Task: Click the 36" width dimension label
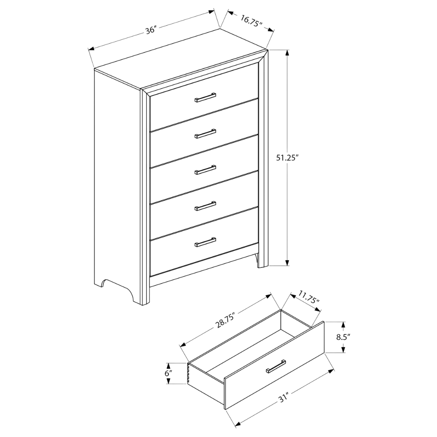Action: coord(151,30)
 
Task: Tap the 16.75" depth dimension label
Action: coord(251,21)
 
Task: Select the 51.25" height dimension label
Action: coord(287,158)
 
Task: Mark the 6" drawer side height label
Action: coord(168,373)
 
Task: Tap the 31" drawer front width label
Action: coord(283,398)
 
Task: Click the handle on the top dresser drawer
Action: coord(205,97)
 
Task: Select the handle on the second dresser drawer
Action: coord(205,133)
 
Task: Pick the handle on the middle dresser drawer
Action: coord(205,170)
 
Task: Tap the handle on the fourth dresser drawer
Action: coord(205,206)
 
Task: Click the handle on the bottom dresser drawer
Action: coord(205,242)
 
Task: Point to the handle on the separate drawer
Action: coord(276,366)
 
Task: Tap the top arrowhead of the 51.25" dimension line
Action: coord(287,53)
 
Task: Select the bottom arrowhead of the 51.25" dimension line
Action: coord(287,263)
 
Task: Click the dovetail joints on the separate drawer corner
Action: coord(189,373)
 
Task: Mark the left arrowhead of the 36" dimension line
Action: coord(91,49)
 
